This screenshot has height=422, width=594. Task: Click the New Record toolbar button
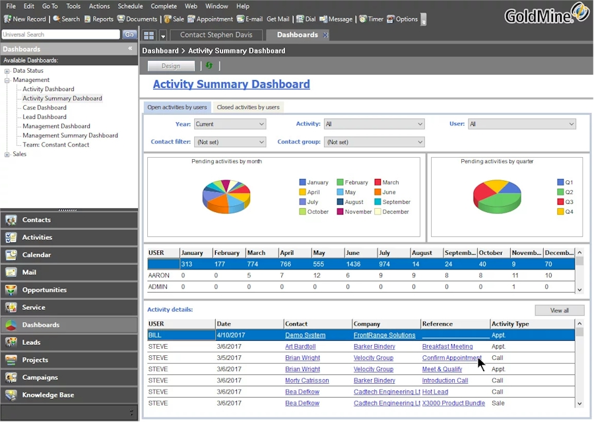click(x=25, y=19)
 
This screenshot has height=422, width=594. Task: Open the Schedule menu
click(x=130, y=6)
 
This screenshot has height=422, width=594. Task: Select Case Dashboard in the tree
click(x=44, y=108)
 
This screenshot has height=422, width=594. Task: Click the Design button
click(x=171, y=66)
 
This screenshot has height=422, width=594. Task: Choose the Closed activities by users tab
click(x=248, y=107)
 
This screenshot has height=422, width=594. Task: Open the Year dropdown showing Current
click(x=230, y=124)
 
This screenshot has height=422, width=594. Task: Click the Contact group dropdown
click(x=374, y=142)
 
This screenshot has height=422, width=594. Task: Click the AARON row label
click(x=159, y=275)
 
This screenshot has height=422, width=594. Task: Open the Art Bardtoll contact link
click(x=300, y=347)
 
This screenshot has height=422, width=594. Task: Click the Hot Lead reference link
click(x=436, y=392)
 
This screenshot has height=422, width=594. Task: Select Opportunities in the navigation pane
click(x=44, y=290)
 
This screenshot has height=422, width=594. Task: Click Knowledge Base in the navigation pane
click(x=48, y=395)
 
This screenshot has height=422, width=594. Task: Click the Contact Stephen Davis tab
click(x=216, y=35)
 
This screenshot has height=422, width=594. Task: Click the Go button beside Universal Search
click(x=129, y=35)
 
